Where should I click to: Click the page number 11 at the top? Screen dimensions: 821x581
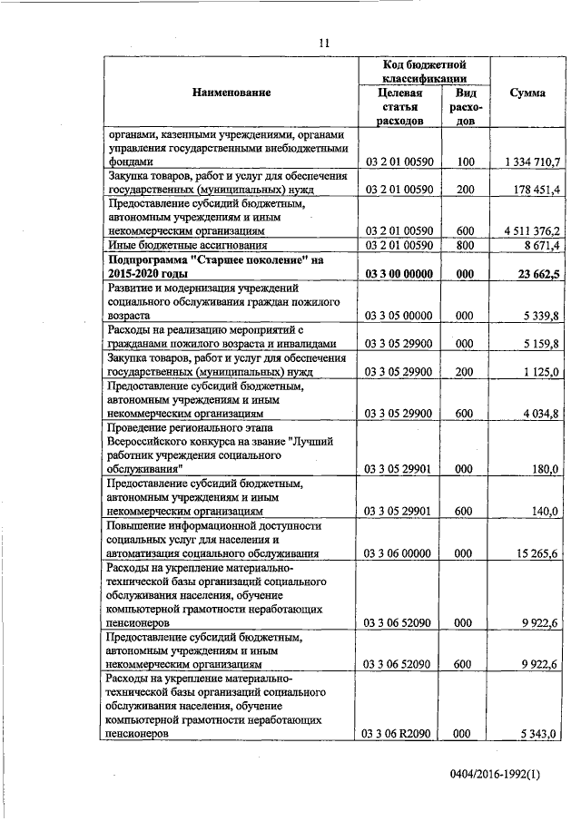point(323,41)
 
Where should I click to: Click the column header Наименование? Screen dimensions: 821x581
point(231,93)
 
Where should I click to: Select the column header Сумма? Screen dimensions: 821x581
point(527,93)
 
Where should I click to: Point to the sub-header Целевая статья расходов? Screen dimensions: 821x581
point(399,106)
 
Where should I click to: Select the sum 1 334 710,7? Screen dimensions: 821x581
point(531,161)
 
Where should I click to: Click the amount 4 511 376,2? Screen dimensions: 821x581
point(531,230)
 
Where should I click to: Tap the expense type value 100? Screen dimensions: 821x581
point(466,161)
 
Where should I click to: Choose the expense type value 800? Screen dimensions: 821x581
point(466,245)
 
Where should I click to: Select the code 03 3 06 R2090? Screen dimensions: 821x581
point(399,733)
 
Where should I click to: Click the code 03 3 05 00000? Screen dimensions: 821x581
point(399,316)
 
